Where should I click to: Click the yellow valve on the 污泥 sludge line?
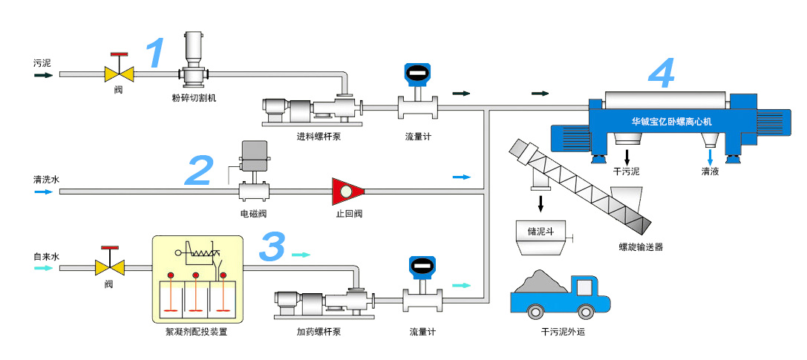(x=119, y=73)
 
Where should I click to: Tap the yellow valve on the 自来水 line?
(x=109, y=267)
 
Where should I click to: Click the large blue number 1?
(x=154, y=53)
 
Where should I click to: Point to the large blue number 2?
(x=199, y=170)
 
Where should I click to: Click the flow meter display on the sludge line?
(x=416, y=74)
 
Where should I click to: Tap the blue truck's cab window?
(x=587, y=287)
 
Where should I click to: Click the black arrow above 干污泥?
(x=627, y=156)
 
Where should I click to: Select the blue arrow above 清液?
(x=710, y=157)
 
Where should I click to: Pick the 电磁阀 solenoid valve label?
(x=253, y=214)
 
